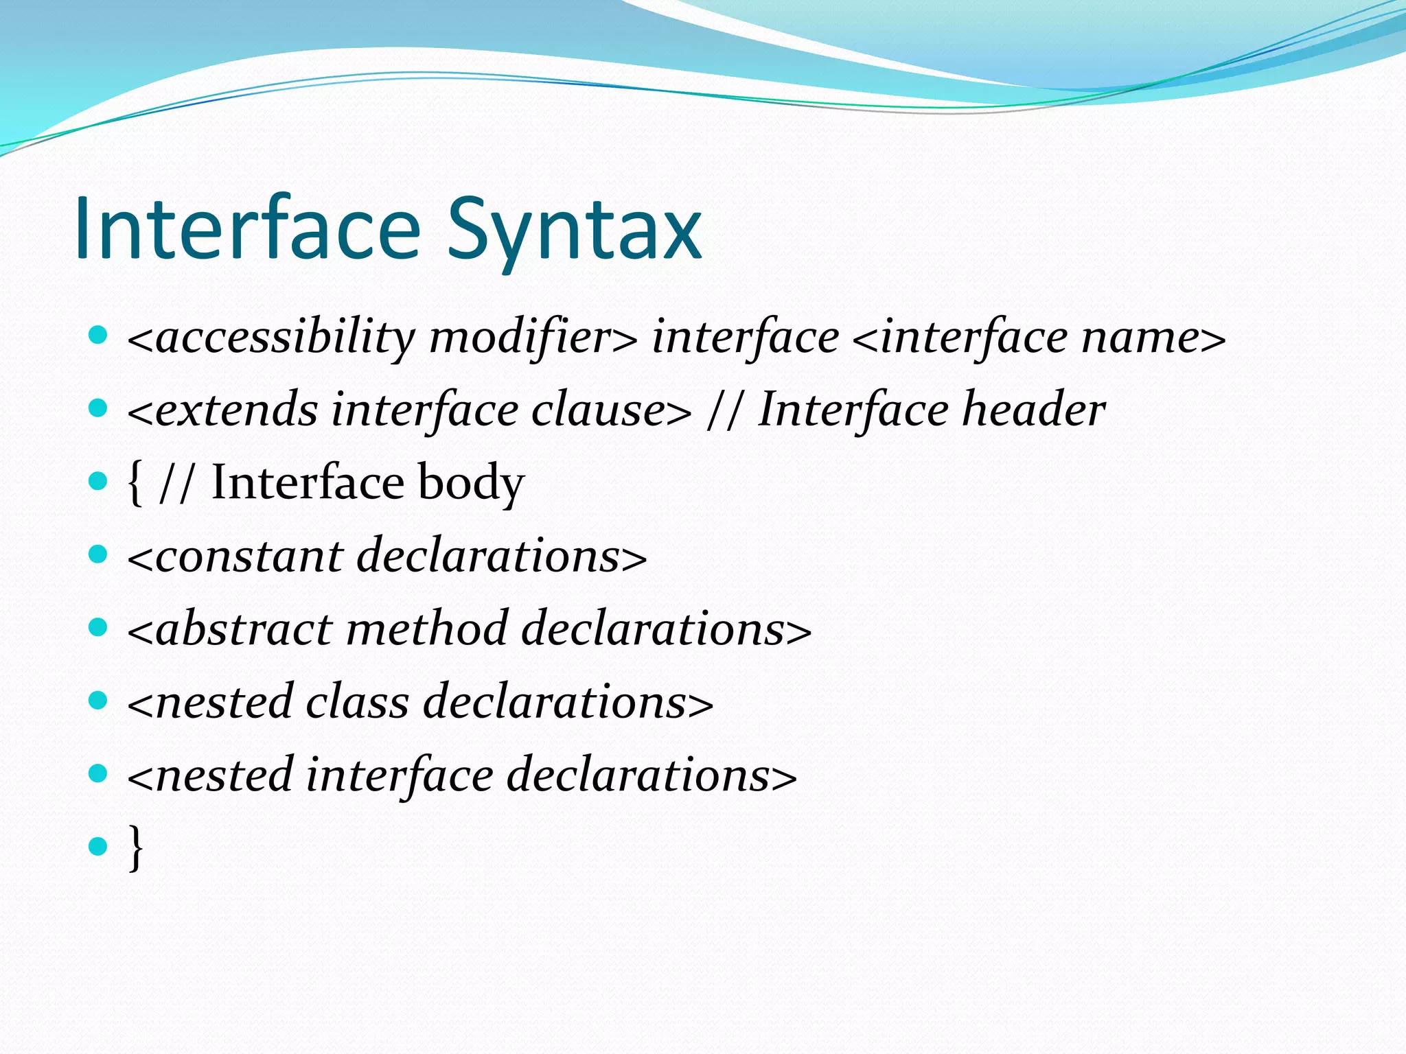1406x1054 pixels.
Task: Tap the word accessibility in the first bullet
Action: [x=285, y=338]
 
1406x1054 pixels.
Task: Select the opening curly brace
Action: [x=135, y=483]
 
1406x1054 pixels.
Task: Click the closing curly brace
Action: [x=136, y=848]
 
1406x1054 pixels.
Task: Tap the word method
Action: [x=426, y=629]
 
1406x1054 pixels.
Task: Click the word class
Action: [x=357, y=702]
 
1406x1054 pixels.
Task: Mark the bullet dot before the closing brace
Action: [x=99, y=845]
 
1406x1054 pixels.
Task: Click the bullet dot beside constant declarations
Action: [x=99, y=554]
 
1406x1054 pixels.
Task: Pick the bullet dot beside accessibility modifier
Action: [x=99, y=335]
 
